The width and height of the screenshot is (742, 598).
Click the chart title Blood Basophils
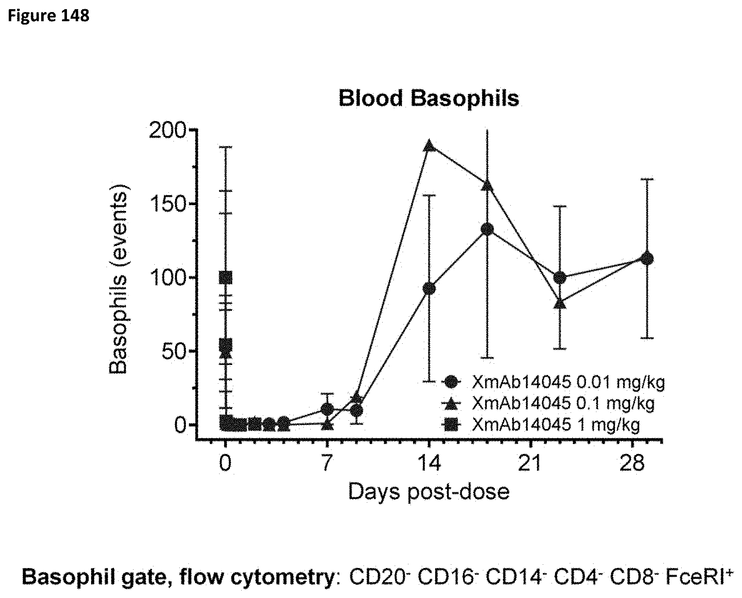coord(428,99)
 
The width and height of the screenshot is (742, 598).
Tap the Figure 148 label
coord(48,16)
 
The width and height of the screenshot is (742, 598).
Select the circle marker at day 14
coord(429,288)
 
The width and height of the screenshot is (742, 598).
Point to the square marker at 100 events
coord(225,278)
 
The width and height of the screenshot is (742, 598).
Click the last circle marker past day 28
coord(647,258)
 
